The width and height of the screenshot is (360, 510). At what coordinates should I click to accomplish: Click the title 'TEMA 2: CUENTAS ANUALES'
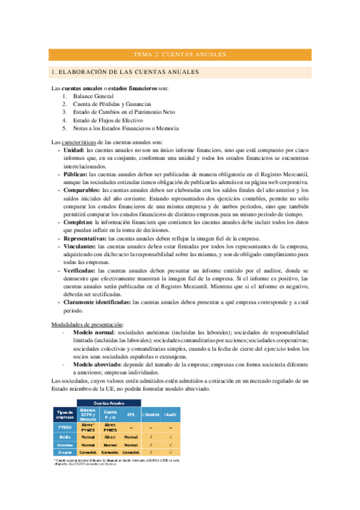tap(180, 54)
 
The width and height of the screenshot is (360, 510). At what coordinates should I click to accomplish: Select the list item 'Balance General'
tap(93, 96)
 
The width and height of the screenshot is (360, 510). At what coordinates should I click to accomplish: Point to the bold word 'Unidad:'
tap(75, 150)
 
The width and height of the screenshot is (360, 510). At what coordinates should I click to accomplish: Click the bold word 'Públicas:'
tap(76, 174)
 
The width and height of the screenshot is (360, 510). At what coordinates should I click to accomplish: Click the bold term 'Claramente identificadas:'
tap(97, 303)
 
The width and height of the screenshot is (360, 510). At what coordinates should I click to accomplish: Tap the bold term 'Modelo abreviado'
tap(94, 364)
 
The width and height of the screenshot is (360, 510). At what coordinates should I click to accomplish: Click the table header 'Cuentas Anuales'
tap(108, 402)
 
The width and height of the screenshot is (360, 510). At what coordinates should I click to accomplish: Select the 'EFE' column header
tap(130, 414)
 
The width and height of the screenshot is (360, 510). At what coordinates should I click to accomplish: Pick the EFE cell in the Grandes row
tap(130, 444)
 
